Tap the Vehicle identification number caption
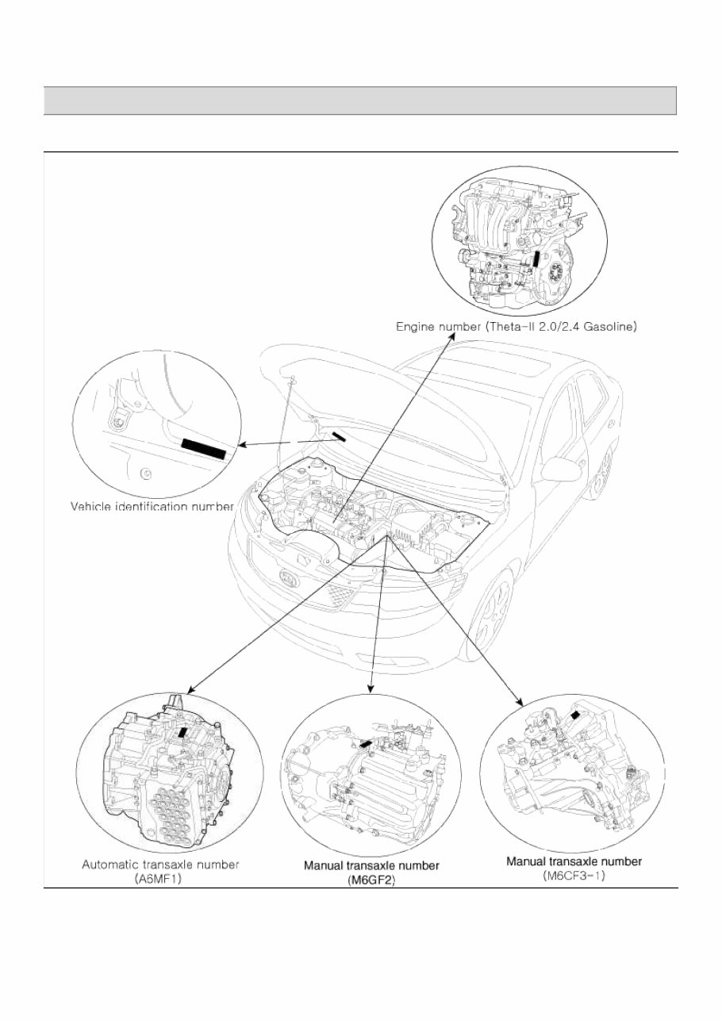point(152,505)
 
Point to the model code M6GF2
point(371,880)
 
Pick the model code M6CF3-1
point(574,876)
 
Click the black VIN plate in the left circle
point(204,448)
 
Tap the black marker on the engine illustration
point(537,259)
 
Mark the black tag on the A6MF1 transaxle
point(184,733)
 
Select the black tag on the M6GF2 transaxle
point(365,743)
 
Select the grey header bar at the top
point(359,101)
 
